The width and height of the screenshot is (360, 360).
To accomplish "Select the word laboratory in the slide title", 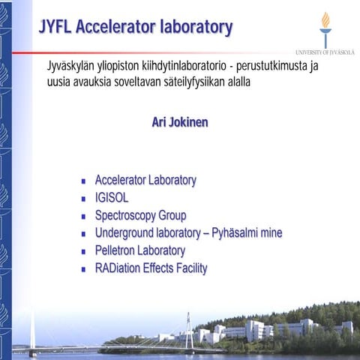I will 196,28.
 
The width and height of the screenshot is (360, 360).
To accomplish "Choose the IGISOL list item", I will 112,198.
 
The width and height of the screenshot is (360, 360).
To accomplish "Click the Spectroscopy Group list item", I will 140,215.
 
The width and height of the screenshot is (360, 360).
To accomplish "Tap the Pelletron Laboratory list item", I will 139,250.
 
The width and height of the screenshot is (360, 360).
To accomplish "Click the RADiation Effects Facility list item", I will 151,268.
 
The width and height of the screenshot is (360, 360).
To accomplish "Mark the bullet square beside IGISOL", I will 84,199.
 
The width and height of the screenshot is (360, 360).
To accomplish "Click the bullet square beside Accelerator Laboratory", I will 84,181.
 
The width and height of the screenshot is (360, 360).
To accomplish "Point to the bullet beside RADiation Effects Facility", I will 84,269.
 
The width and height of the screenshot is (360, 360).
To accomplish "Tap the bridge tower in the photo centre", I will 189,330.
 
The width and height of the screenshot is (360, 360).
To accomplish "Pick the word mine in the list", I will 270,233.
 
